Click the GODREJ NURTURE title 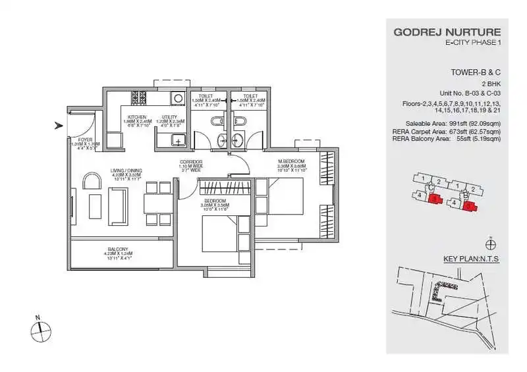447,32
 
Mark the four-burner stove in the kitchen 139,98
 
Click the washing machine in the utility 177,99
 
